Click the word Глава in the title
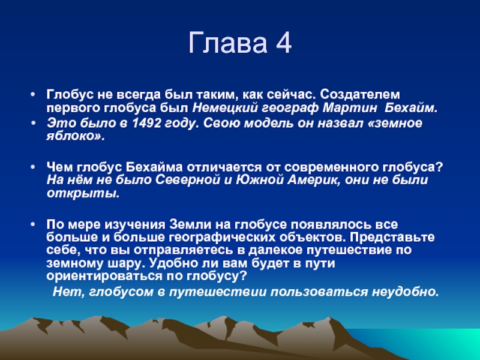tap(228, 43)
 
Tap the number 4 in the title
tap(283, 43)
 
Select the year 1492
tap(146, 123)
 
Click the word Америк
tap(313, 181)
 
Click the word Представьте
tap(392, 238)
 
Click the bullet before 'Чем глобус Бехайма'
tap(34, 167)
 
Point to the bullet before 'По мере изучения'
tap(34, 224)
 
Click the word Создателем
tap(360, 95)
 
